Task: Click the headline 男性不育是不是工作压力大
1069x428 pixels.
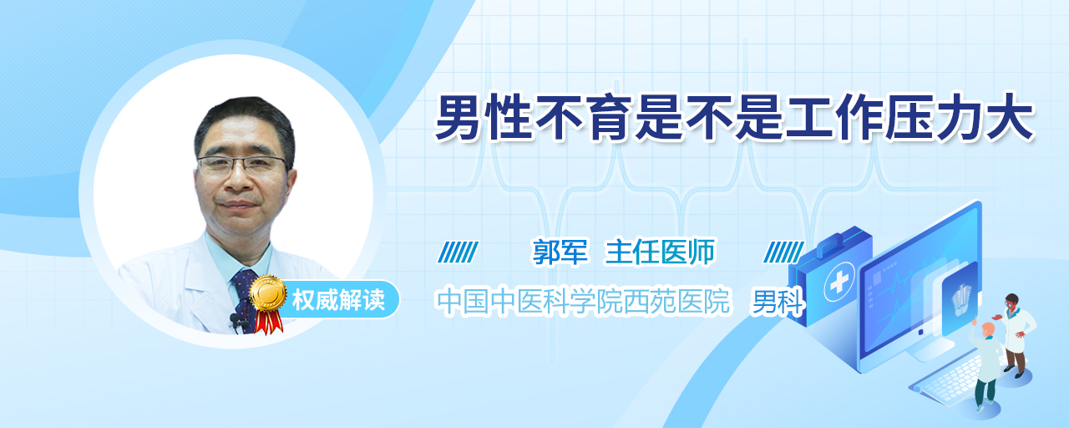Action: point(734,118)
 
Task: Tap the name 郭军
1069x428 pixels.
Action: point(560,252)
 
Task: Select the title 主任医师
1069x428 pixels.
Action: point(660,252)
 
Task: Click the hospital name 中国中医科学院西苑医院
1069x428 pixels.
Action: point(583,301)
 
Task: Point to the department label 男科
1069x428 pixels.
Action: point(778,302)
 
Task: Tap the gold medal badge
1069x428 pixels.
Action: point(268,293)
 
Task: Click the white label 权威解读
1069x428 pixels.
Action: point(338,300)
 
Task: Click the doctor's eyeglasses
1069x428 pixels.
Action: point(242,166)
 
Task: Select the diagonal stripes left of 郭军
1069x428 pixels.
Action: point(458,252)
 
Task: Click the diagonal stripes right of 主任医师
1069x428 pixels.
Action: point(783,252)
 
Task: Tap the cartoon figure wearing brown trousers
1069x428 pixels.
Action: point(1015,334)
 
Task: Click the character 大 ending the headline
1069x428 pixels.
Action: point(1011,118)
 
